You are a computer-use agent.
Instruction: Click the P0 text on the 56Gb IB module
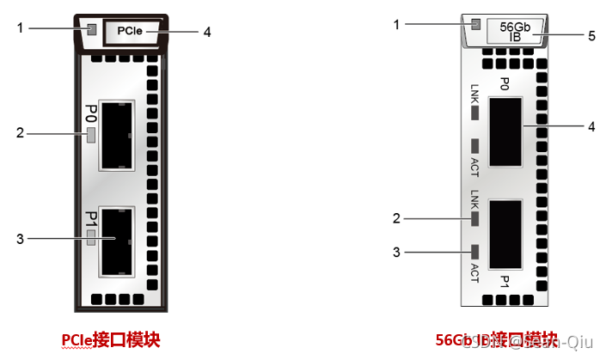505,82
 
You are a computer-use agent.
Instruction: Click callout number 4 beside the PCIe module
206,32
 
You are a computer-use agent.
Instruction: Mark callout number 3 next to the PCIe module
20,238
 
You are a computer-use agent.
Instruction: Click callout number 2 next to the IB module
397,218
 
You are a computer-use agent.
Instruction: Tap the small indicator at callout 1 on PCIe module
91,31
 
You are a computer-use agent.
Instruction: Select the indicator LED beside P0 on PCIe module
90,134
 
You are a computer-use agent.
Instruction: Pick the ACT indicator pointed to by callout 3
474,252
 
